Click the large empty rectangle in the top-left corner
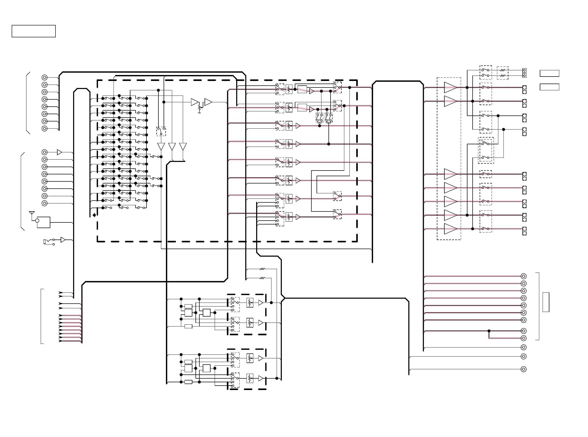point(33,31)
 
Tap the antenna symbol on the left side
point(32,213)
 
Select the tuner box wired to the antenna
point(44,222)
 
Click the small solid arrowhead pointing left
point(94,215)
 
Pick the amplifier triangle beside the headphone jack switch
point(63,240)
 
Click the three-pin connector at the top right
point(524,73)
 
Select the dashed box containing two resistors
point(502,73)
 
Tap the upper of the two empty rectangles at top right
point(549,73)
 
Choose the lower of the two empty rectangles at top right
point(549,87)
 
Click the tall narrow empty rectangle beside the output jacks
point(546,302)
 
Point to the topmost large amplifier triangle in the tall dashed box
point(450,87)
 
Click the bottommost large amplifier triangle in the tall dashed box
point(450,229)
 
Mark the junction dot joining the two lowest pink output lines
point(489,331)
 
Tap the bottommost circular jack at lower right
point(523,369)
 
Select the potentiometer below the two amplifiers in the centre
point(200,108)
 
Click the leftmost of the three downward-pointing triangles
point(161,147)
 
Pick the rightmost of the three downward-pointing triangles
point(183,147)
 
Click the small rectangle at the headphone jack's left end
point(44,241)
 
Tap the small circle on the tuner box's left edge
point(37,221)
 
